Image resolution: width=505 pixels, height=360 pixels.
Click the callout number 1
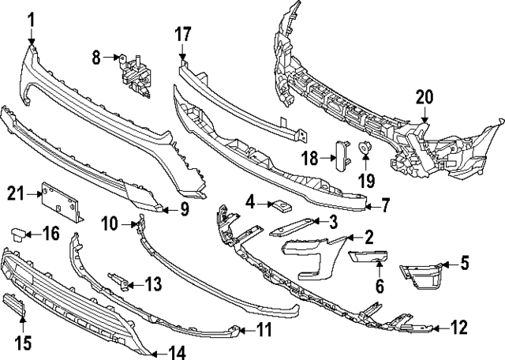[x=32, y=18]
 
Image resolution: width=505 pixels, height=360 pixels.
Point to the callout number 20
[x=425, y=98]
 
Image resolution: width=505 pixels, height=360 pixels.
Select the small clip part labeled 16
[x=19, y=232]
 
